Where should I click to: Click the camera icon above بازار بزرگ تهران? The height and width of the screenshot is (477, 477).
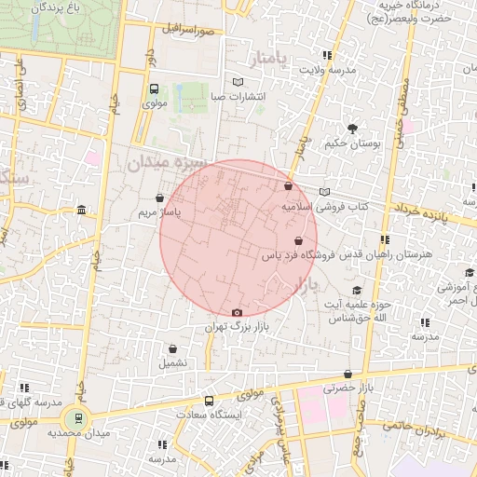[x=237, y=312]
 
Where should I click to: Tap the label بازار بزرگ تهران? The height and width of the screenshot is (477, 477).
[x=237, y=328]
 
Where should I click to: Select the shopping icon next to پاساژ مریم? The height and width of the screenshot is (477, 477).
[x=161, y=198]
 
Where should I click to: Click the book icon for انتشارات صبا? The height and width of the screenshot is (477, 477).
[x=238, y=82]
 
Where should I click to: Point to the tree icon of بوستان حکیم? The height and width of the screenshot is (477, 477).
[x=352, y=129]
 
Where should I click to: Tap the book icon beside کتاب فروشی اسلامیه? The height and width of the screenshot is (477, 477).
[x=324, y=192]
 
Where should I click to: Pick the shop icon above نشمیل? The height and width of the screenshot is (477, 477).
[x=172, y=347]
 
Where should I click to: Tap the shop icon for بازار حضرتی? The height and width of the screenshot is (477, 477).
[x=348, y=374]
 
